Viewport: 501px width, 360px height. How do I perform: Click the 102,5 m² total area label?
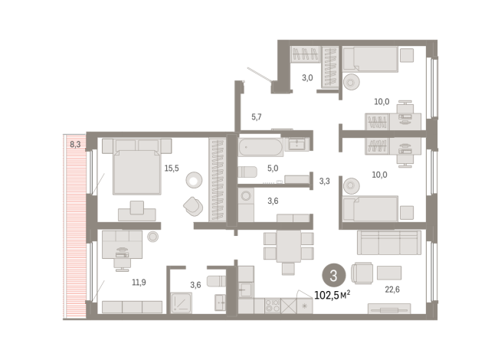[332, 295]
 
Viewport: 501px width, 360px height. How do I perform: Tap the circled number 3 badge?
[333, 275]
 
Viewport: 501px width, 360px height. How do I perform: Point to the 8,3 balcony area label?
[75, 145]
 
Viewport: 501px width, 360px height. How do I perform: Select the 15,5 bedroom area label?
[172, 169]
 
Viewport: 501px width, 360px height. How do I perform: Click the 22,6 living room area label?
[392, 290]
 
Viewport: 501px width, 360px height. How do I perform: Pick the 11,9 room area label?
[139, 283]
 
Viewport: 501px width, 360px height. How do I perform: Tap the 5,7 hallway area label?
[257, 117]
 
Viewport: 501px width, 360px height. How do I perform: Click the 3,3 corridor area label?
[325, 182]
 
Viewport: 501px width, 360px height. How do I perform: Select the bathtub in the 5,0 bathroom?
[260, 147]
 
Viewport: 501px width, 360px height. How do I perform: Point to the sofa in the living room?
[389, 243]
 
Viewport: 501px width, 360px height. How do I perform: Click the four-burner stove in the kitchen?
[273, 306]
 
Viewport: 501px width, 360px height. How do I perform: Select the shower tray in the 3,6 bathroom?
[181, 303]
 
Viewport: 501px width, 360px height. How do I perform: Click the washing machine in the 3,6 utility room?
[246, 195]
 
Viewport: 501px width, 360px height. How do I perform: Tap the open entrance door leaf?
[260, 74]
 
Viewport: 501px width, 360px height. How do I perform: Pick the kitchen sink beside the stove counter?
[246, 290]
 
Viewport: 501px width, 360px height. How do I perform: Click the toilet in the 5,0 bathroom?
[247, 172]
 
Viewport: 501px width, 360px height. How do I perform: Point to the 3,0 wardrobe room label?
[307, 78]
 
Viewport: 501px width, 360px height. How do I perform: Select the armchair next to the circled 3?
[362, 273]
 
